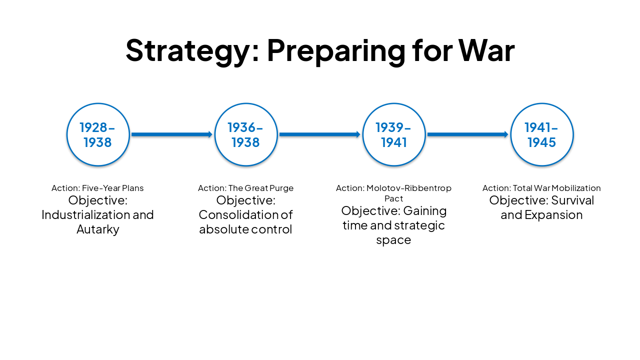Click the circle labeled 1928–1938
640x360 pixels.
98,134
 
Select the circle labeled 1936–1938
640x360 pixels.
245,134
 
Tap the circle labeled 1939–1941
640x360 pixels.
393,134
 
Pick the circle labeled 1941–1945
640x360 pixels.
541,134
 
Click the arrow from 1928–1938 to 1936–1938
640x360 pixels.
171,134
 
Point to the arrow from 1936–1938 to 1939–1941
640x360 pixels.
319,134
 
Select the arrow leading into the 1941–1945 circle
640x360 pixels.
467,134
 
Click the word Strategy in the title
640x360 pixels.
191,50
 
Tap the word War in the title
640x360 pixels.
486,50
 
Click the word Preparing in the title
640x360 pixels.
335,50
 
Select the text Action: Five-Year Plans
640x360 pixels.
97,188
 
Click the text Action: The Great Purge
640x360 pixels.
245,188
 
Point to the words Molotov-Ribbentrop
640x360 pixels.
409,188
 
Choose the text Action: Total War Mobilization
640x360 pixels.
541,188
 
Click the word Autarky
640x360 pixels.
97,229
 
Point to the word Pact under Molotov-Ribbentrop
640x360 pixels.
393,198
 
